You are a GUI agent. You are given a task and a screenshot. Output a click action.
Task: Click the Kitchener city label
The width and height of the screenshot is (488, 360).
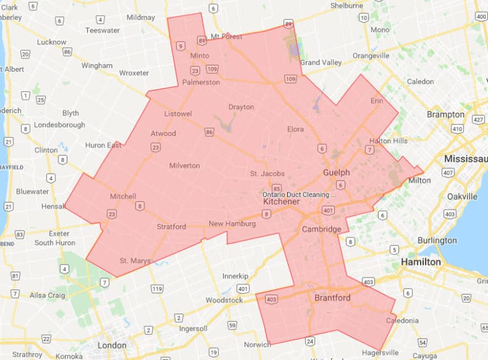coord(281,201)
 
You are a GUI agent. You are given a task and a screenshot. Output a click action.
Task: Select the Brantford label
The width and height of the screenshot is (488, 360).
coord(332,297)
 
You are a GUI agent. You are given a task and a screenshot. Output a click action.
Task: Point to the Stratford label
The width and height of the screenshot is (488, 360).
coord(171,227)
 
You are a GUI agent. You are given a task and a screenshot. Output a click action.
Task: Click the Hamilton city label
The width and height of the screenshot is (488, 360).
coord(421,262)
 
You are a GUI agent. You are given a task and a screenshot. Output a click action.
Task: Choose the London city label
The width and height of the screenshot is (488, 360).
coord(112,345)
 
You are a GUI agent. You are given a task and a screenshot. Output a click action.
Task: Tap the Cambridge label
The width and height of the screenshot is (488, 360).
coord(322,229)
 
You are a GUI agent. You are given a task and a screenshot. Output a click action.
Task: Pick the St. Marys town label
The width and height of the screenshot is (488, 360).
coord(135,260)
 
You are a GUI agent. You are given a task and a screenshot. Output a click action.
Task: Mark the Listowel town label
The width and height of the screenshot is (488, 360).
coord(177,113)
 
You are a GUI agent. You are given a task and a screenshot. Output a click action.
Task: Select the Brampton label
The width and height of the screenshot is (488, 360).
coord(445,114)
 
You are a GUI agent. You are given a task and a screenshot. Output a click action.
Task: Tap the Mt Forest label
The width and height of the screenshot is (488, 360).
coord(227,36)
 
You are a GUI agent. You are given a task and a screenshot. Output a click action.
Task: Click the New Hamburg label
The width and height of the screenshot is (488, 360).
coord(232,223)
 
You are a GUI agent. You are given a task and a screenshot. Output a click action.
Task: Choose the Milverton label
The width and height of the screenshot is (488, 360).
coord(184,166)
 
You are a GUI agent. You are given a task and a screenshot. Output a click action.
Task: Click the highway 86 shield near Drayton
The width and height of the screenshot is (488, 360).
coord(209,132)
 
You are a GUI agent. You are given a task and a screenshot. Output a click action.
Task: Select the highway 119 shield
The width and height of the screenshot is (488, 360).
coord(156,289)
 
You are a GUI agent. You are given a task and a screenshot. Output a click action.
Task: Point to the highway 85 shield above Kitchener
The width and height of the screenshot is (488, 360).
coord(276,189)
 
